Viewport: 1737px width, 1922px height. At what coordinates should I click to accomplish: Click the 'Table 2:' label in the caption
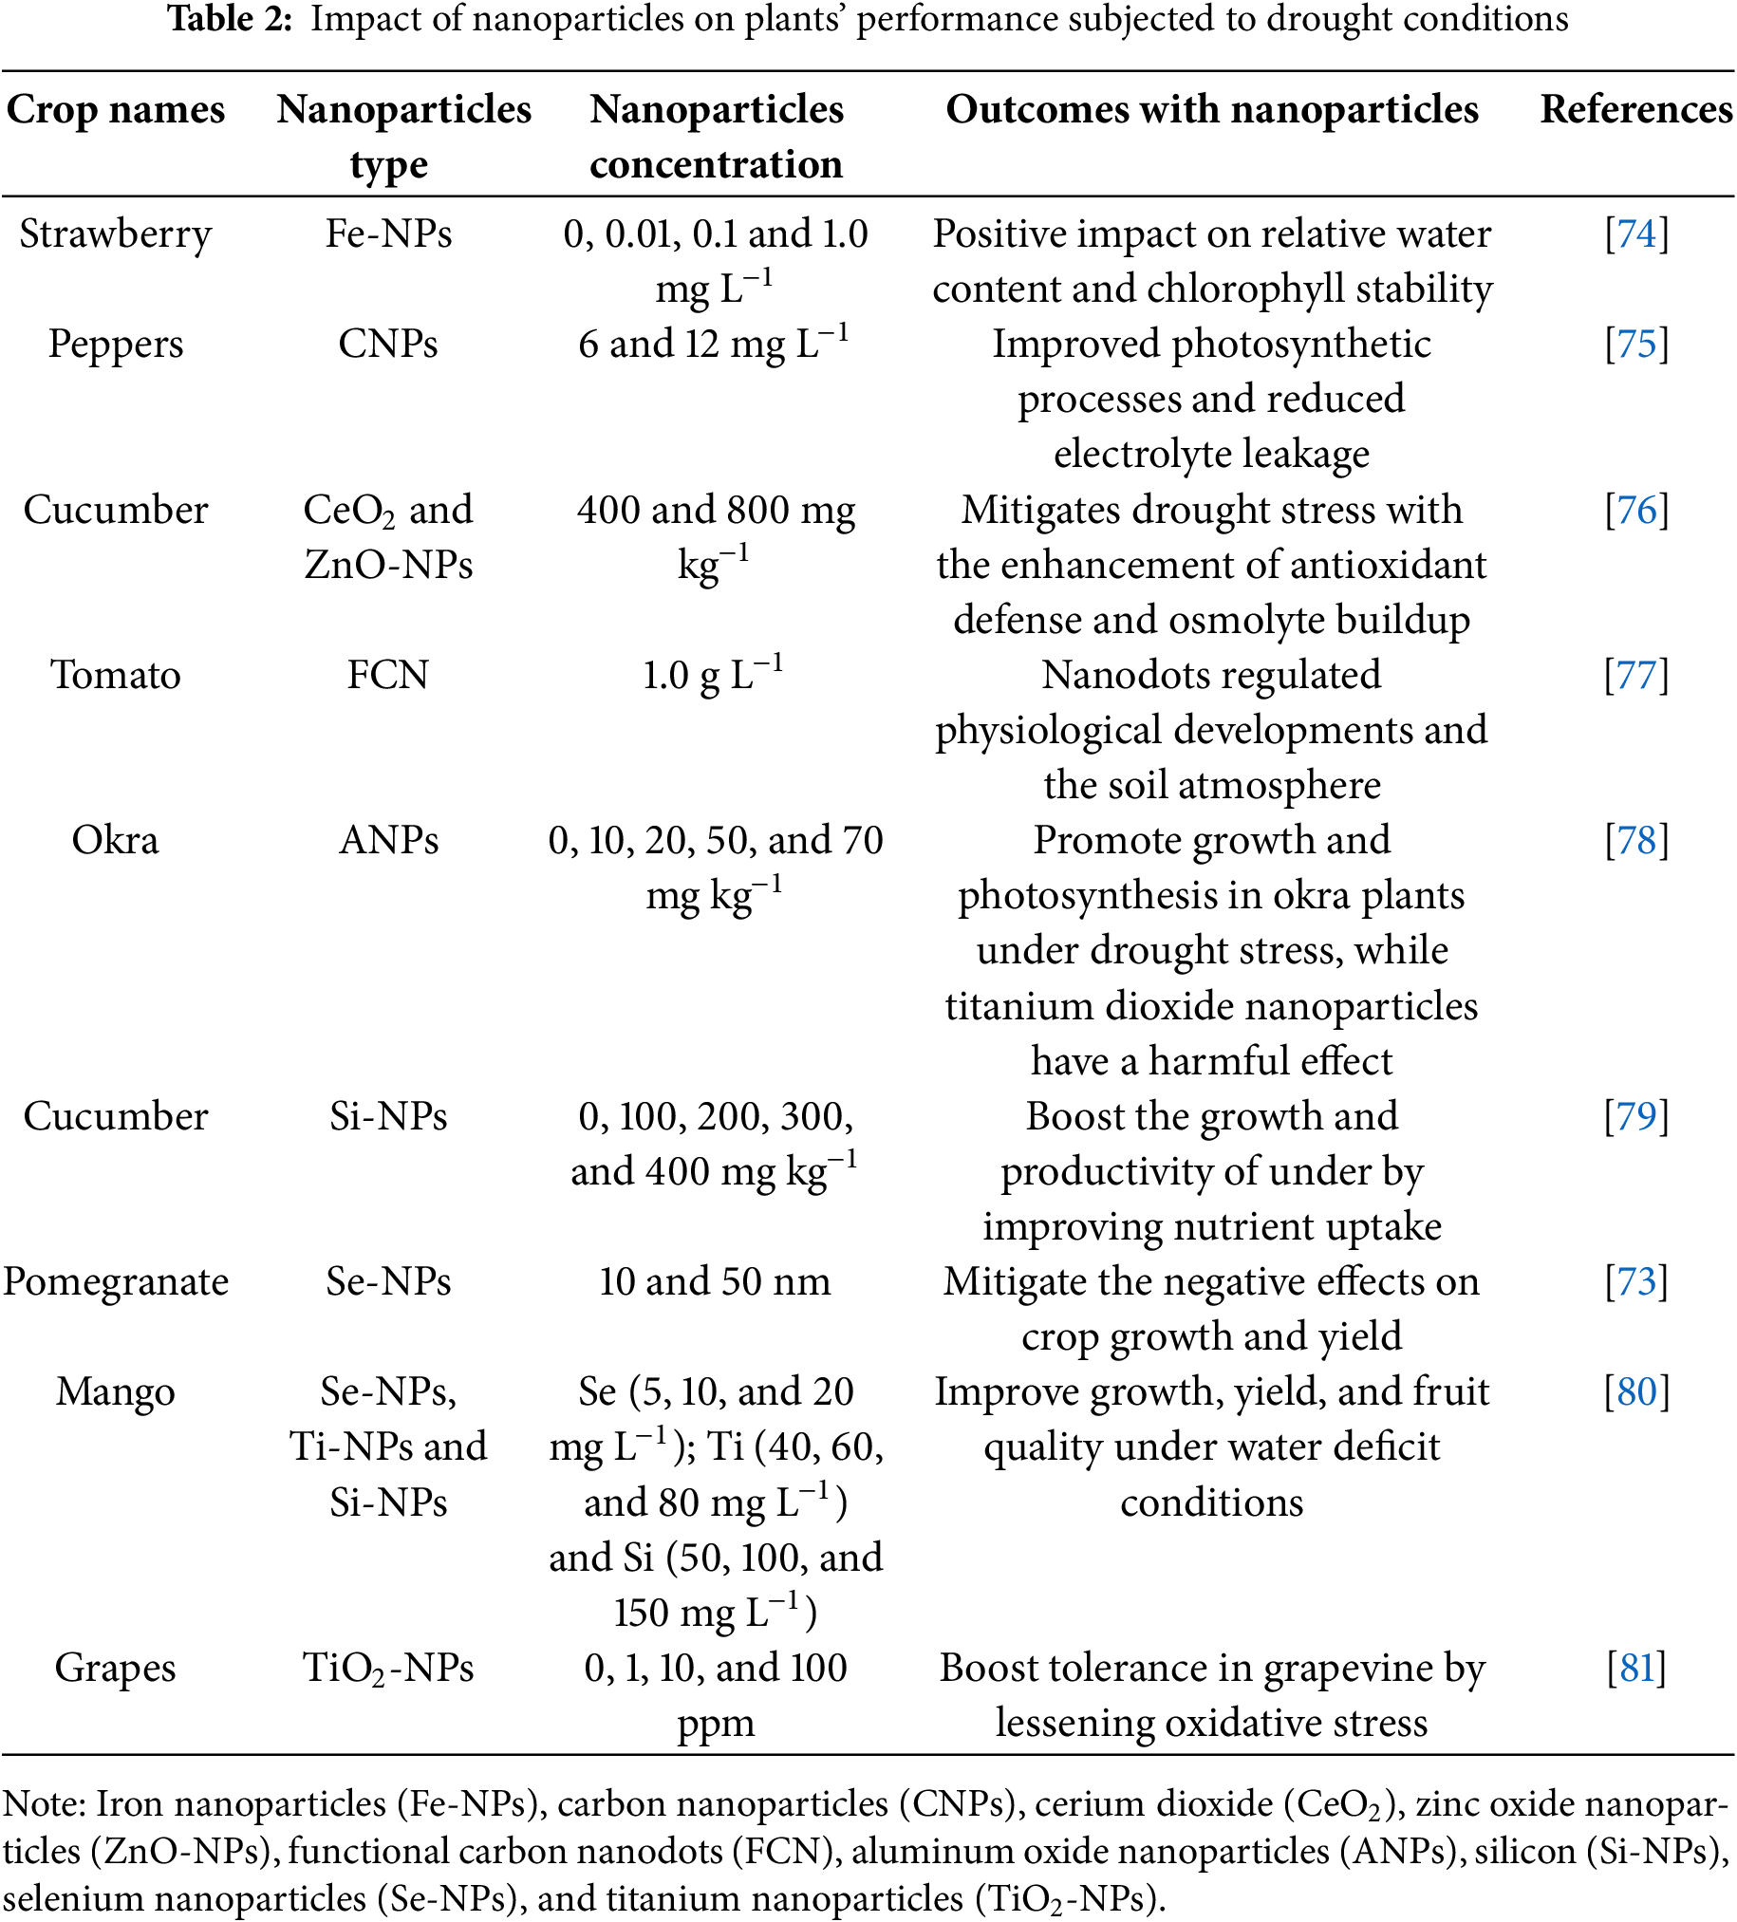pos(229,19)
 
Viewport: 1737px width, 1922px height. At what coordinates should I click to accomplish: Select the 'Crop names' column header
pos(116,110)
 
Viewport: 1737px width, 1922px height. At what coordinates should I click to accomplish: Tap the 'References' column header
pos(1636,110)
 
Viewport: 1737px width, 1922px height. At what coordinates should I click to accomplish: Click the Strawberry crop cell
pos(116,234)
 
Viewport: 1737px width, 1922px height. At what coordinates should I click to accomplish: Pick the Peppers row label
pos(116,345)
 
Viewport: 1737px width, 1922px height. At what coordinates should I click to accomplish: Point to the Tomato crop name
pos(116,675)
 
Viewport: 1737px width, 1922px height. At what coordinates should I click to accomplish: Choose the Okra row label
pos(116,841)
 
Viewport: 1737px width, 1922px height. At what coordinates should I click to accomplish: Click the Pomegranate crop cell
pos(116,1282)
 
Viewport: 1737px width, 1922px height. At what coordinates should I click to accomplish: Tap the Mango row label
pos(116,1392)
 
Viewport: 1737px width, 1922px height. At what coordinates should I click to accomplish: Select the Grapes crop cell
pos(116,1669)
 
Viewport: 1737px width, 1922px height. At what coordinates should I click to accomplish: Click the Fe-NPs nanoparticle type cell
pos(388,234)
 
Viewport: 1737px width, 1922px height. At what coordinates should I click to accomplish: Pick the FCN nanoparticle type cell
pos(388,675)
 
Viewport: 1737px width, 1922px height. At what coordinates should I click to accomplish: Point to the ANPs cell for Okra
pos(388,841)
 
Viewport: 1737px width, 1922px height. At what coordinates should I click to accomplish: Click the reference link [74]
pos(1636,234)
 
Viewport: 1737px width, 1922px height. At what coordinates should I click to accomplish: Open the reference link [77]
pos(1636,675)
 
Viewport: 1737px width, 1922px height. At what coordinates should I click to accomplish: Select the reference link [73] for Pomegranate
pos(1636,1282)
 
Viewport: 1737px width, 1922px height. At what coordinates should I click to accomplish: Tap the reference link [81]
pos(1636,1669)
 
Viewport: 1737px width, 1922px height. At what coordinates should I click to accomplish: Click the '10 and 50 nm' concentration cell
pos(715,1282)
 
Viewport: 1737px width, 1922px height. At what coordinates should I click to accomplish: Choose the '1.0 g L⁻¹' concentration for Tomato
pos(713,675)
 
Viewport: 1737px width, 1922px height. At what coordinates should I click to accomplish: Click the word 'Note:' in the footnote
pos(45,1804)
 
